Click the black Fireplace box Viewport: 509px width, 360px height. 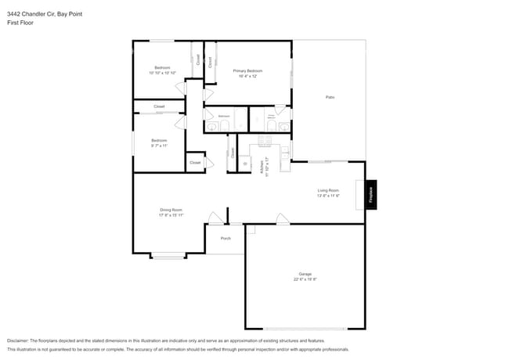pos(371,195)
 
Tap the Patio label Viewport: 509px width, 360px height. pos(330,97)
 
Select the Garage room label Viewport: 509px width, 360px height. pos(305,274)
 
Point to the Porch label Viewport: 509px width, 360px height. pos(226,238)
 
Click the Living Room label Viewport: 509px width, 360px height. pos(328,190)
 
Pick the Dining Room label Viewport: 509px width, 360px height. pos(171,210)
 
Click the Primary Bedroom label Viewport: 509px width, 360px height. pos(247,70)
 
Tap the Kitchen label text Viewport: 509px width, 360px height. pos(262,167)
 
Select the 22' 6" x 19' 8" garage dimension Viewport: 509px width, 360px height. pos(305,279)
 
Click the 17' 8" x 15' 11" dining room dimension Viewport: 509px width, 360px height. pos(171,215)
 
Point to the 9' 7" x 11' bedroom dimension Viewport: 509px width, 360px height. pos(160,146)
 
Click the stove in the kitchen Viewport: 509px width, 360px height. pos(264,142)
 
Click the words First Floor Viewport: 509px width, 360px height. pos(20,23)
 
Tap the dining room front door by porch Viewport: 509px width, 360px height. pos(214,219)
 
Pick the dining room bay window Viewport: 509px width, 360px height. pos(168,255)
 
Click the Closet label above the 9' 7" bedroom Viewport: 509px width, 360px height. pos(159,106)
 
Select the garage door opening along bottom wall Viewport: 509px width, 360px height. pos(305,328)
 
